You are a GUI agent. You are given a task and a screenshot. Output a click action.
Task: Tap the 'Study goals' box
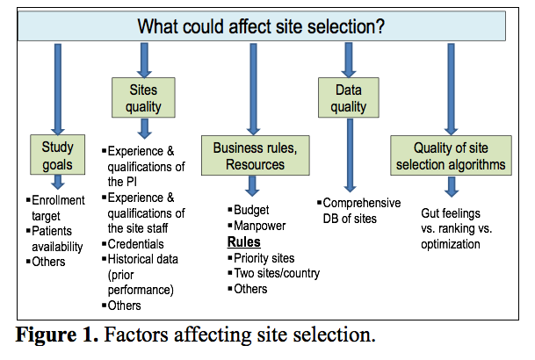[58, 154]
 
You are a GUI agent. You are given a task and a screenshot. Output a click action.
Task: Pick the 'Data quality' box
[349, 97]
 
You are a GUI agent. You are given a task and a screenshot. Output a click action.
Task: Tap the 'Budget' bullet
[251, 211]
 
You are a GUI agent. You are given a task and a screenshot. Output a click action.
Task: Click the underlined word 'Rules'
[243, 241]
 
